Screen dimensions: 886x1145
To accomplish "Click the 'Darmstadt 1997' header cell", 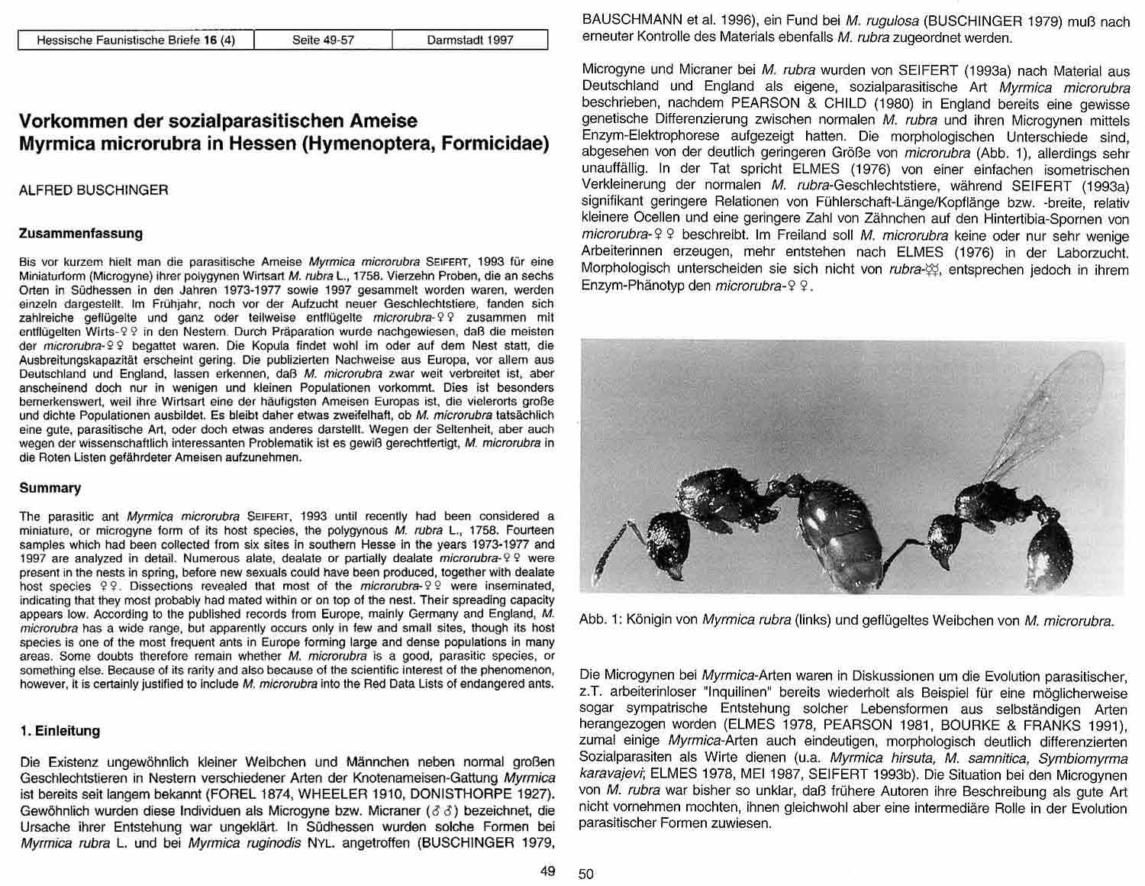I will [x=469, y=40].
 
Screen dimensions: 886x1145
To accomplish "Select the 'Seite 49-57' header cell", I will [x=323, y=40].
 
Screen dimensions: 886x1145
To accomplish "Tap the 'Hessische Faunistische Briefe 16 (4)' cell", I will [x=136, y=40].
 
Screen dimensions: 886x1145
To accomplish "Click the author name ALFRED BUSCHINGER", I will [x=93, y=190].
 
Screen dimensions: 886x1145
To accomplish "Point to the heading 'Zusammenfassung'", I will [x=81, y=234].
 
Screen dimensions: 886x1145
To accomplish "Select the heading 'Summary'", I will [x=50, y=488].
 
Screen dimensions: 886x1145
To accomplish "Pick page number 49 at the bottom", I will [x=547, y=871].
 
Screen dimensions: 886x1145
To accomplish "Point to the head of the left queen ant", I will [x=668, y=535].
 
